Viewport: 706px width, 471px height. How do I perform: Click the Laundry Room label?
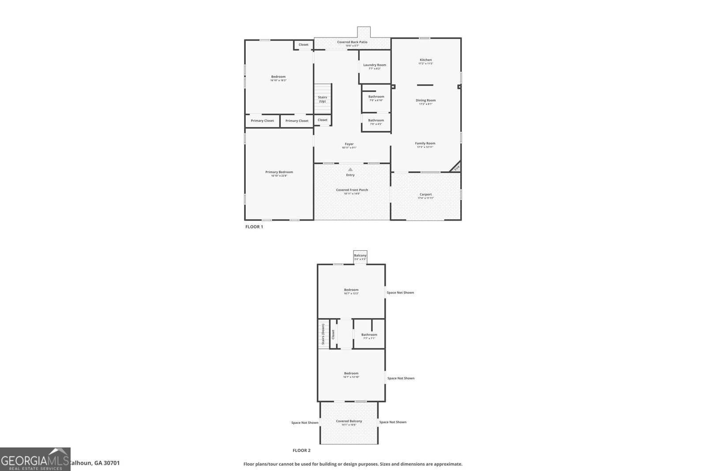[375, 65]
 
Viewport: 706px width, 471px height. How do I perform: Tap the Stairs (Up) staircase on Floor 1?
[323, 99]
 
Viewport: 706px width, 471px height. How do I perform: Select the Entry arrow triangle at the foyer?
[350, 170]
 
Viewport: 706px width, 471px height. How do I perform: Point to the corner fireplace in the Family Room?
[457, 167]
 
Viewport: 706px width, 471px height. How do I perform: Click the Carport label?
[426, 194]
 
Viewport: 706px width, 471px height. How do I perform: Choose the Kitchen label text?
[426, 60]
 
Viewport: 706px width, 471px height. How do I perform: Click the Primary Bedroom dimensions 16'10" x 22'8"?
[279, 176]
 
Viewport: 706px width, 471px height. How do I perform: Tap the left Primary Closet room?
[263, 121]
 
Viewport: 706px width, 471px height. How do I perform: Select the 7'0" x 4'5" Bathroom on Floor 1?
[376, 122]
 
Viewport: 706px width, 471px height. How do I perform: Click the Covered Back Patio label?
[352, 42]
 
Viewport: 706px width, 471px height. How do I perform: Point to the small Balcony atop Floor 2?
[360, 256]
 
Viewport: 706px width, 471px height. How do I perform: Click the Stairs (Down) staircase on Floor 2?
[323, 334]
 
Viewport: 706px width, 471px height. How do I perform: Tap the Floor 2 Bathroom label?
[369, 335]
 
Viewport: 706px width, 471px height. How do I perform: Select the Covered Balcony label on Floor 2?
[349, 421]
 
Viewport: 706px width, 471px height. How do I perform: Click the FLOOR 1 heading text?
[254, 227]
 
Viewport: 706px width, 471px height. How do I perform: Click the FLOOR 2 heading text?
[301, 451]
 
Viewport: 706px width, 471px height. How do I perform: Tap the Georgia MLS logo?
[35, 459]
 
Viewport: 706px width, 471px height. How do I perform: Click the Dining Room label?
[426, 100]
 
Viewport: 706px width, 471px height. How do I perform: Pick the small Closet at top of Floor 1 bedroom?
[304, 45]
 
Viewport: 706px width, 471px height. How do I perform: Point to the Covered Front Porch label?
[352, 190]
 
